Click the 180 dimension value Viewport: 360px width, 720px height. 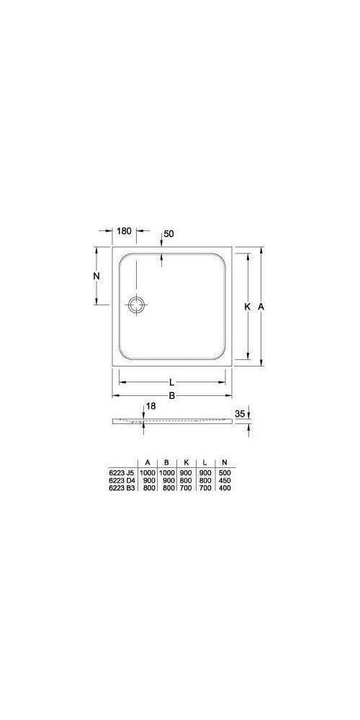124,231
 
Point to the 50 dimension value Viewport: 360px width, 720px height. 169,234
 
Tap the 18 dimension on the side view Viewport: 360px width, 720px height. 150,407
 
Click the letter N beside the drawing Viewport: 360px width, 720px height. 96,276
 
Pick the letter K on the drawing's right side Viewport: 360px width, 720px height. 247,307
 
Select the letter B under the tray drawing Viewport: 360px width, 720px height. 172,395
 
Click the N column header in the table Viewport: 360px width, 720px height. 225,462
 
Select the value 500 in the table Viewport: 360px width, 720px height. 226,472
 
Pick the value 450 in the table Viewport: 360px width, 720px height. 226,480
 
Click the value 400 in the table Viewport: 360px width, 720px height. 226,487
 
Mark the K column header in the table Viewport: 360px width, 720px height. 186,462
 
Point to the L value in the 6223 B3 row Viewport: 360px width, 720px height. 206,487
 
